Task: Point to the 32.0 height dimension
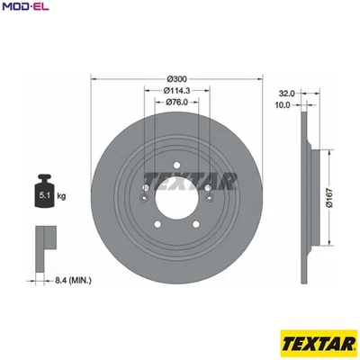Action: [x=287, y=93]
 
